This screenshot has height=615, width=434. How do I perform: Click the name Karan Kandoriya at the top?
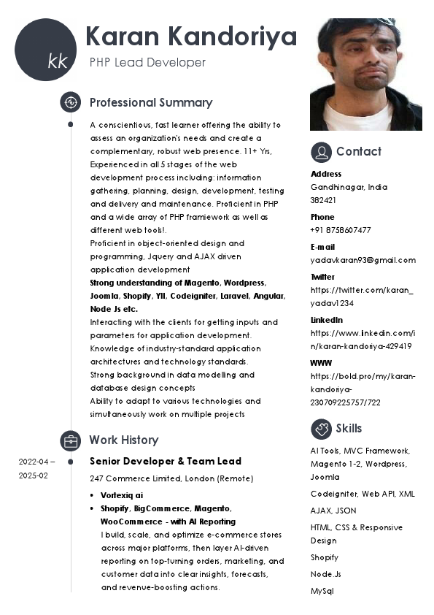(191, 37)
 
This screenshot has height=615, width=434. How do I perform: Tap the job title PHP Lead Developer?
(147, 63)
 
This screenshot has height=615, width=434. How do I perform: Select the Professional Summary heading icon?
(70, 102)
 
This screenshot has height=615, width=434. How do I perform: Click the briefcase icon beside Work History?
(70, 440)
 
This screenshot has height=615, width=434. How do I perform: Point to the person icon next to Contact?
(321, 152)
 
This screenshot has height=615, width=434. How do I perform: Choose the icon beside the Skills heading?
(321, 429)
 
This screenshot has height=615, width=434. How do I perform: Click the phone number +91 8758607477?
(341, 230)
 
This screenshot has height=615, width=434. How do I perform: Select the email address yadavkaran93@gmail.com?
(363, 260)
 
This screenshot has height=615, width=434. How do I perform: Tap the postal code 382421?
(323, 200)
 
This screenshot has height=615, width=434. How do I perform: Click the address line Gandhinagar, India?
(349, 187)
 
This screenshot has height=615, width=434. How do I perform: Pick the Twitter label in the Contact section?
(322, 277)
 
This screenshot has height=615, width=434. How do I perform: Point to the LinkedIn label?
(326, 320)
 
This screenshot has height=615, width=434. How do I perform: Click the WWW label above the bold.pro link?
(321, 363)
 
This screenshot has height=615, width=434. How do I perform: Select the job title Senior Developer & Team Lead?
(166, 462)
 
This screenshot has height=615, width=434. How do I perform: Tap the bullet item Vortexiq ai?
(122, 495)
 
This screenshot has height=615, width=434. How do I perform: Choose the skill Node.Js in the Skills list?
(325, 574)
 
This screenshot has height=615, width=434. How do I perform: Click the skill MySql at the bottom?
(322, 591)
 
